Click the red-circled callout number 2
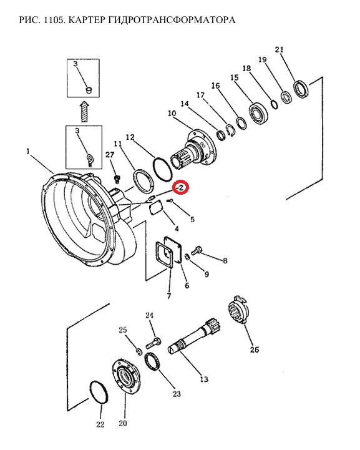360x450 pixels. [181, 188]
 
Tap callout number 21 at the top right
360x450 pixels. [279, 50]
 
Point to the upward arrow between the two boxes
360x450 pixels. [84, 111]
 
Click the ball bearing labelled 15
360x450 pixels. [258, 113]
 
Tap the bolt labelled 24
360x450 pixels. [153, 343]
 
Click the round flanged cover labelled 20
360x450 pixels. [125, 376]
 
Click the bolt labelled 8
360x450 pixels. [196, 251]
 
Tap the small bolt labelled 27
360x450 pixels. [117, 179]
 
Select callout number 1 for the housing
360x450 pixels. [28, 151]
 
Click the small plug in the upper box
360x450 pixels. [89, 90]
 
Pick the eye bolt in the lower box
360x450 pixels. [90, 159]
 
